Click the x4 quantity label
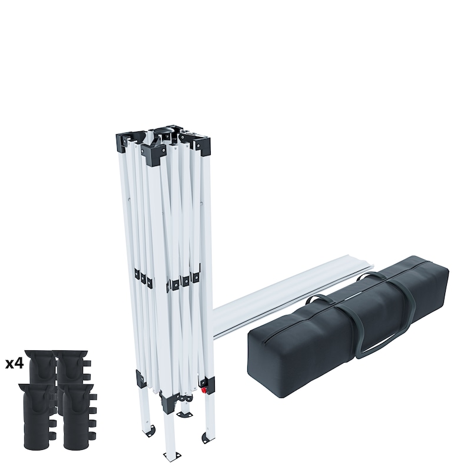(x=14, y=363)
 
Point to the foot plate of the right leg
(x=208, y=437)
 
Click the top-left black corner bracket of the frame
(x=126, y=142)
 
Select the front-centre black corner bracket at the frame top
(x=154, y=154)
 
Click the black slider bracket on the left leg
(x=141, y=379)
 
